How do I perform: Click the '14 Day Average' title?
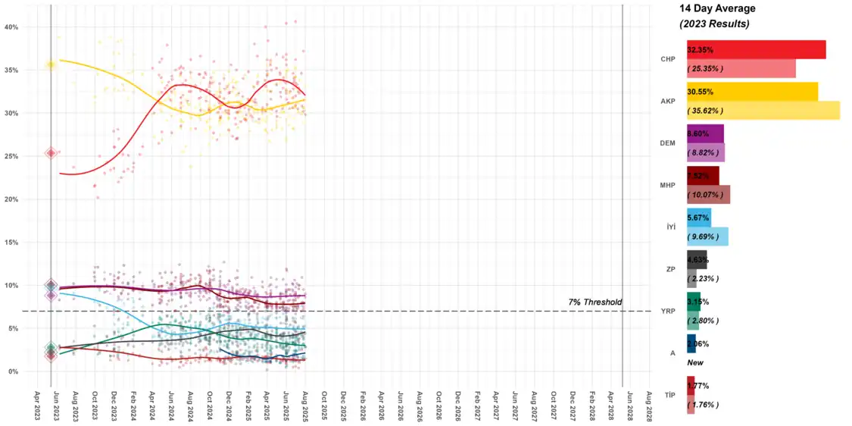(716, 8)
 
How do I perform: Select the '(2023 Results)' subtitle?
(714, 24)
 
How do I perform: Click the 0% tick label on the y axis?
(14, 371)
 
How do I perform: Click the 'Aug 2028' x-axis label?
(649, 399)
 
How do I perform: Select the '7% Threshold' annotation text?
(595, 302)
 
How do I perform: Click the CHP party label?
(667, 59)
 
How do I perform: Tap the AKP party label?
(667, 101)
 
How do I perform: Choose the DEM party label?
(666, 143)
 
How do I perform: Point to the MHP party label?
(666, 185)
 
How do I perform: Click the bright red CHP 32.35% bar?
(756, 50)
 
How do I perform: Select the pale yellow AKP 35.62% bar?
(763, 110)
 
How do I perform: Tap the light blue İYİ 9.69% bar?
(707, 236)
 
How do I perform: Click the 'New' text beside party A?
(694, 362)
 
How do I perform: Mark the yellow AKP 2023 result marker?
(51, 65)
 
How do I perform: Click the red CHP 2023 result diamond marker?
(51, 153)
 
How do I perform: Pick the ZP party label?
(669, 269)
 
